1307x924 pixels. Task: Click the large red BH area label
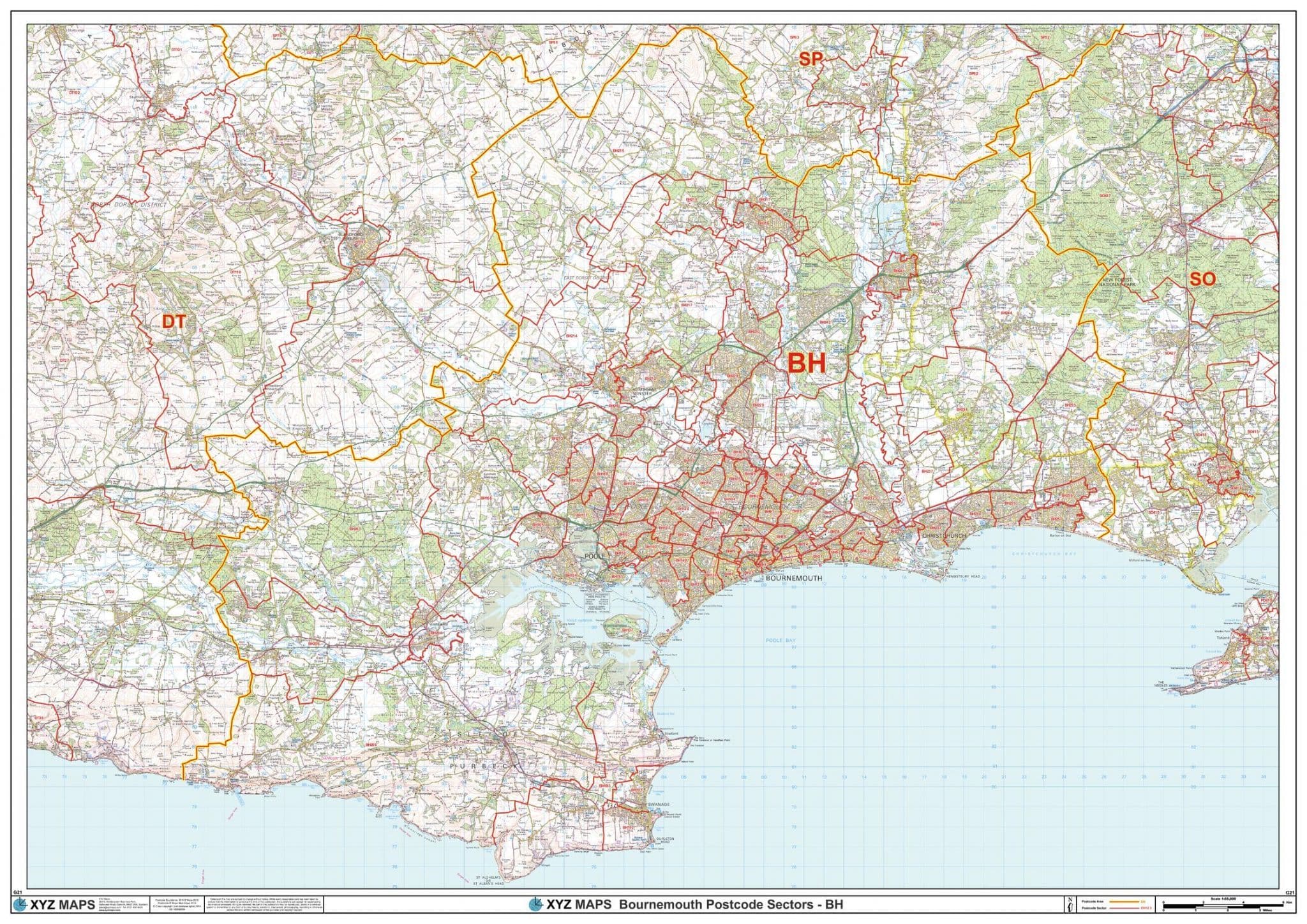[x=807, y=364]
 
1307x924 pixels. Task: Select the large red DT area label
[x=174, y=322]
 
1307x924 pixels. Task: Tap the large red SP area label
[x=810, y=60]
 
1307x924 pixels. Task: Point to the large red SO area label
[x=1202, y=279]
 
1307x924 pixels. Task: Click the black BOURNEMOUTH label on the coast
[x=793, y=577]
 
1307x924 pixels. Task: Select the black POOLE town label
[x=594, y=556]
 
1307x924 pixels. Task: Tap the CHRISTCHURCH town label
[x=944, y=536]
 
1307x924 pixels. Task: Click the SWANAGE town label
[x=657, y=805]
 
